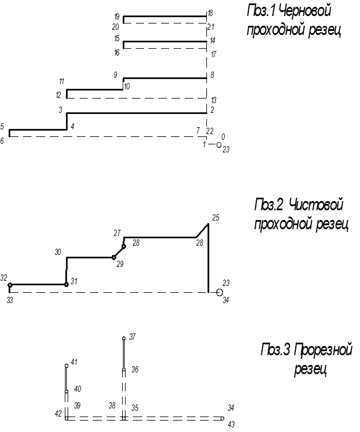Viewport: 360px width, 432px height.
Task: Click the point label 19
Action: [116, 16]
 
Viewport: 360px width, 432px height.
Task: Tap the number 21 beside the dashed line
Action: [210, 26]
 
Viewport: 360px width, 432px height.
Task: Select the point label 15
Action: [116, 39]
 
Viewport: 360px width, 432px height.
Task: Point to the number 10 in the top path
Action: [127, 86]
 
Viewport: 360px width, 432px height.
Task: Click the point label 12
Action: [58, 95]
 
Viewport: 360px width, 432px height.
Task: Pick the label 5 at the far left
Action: [2, 127]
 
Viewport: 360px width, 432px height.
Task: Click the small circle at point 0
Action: [218, 145]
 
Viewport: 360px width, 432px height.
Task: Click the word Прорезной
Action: [324, 349]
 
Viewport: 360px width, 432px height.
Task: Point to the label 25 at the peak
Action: [216, 218]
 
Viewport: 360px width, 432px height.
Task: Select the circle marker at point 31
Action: [66, 284]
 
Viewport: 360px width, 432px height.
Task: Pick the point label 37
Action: [132, 337]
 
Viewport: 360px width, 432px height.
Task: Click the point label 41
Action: [74, 363]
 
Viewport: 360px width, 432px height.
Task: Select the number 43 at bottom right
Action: [230, 425]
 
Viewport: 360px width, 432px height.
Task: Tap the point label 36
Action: [135, 370]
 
